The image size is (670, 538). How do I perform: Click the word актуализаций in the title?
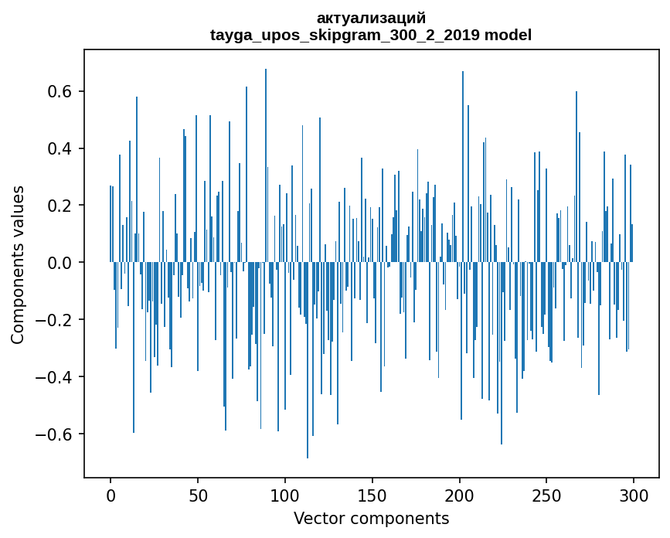[371, 18]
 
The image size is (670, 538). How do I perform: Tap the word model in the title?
[508, 35]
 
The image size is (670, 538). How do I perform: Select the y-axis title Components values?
[18, 264]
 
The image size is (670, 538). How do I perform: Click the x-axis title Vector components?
[371, 518]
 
